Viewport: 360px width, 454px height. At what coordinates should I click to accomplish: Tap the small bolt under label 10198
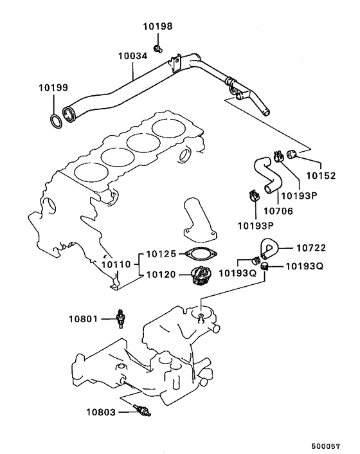click(x=159, y=48)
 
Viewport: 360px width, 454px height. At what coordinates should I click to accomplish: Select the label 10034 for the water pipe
click(x=132, y=56)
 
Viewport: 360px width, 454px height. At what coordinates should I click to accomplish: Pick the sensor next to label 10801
click(x=120, y=318)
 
